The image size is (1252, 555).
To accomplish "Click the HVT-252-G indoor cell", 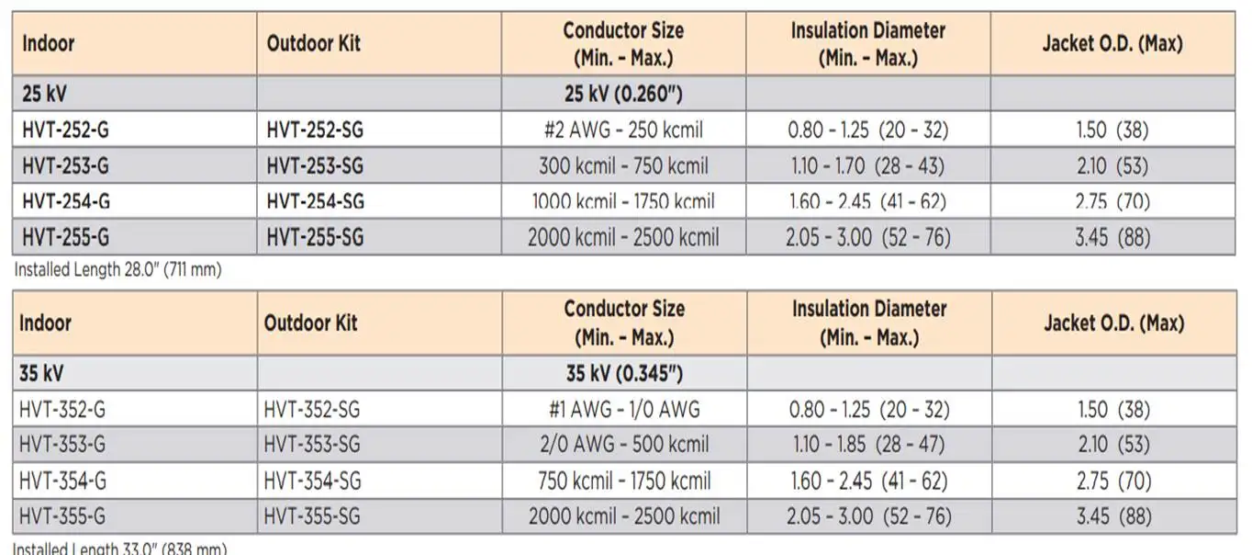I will point(65,130).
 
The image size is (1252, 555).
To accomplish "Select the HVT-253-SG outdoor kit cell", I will point(315,165).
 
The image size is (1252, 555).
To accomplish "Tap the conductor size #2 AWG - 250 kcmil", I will point(623,130).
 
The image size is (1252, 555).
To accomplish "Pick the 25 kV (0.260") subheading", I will point(623,94).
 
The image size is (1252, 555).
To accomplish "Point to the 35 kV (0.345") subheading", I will point(624,374).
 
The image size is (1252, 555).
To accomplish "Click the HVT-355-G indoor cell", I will point(61,516).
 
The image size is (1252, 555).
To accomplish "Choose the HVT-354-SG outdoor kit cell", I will point(312,481).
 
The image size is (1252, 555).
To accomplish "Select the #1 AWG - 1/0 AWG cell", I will point(624,410).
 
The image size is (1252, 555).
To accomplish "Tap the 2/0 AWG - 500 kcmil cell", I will point(624,445).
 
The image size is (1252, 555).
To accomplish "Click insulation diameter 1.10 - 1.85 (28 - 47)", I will point(868,445).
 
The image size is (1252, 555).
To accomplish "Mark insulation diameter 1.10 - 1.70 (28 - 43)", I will point(867,165).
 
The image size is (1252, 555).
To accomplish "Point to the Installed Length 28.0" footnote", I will point(117,270).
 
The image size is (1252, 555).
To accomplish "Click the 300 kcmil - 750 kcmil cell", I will point(623,165).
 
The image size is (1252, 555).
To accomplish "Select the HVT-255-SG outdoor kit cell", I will point(315,237).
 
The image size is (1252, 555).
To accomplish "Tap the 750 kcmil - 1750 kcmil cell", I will point(624,481).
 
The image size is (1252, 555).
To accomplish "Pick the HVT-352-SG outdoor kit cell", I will point(312,410).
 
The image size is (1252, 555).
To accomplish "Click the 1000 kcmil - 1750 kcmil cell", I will point(623,201).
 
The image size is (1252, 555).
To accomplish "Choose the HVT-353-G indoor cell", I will point(61,445).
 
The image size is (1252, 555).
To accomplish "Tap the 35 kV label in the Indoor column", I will point(41,374).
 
